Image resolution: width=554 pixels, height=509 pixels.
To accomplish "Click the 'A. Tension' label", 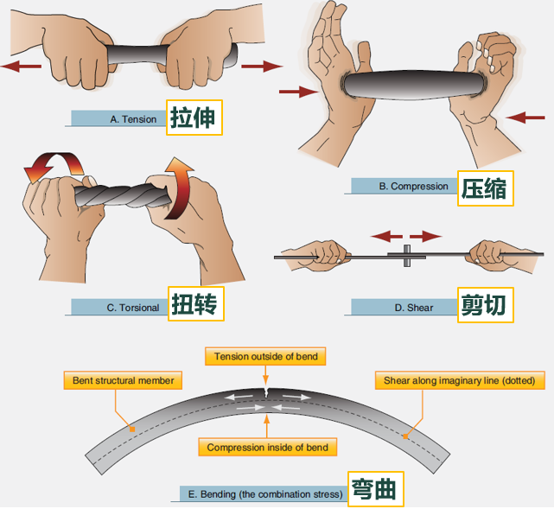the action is click(x=133, y=119).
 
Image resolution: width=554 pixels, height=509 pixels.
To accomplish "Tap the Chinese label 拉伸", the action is click(x=194, y=118).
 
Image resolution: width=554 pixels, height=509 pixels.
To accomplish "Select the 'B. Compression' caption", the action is click(x=413, y=186).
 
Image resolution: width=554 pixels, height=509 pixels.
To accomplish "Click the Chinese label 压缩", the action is click(x=485, y=188).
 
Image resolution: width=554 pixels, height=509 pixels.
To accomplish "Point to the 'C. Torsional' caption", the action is click(x=133, y=308).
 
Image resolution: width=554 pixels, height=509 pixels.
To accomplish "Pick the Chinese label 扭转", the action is click(x=195, y=304).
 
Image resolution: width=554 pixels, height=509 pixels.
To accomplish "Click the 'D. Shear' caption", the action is click(x=413, y=308).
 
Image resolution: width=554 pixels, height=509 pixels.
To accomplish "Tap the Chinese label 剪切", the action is click(x=485, y=305).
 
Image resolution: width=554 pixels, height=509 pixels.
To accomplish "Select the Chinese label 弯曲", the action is click(x=376, y=489).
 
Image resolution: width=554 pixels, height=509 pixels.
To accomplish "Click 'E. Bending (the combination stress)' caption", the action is click(x=265, y=493).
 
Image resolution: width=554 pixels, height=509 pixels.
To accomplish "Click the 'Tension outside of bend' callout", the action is click(x=265, y=356).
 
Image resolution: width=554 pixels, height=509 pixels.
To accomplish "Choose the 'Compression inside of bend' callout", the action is click(x=267, y=447).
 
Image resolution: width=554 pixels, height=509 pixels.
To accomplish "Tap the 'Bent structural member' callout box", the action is click(x=123, y=380).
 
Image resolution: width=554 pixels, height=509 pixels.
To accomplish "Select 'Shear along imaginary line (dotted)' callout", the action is click(x=460, y=380).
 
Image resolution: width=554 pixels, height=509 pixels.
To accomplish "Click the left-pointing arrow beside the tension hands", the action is click(x=22, y=66).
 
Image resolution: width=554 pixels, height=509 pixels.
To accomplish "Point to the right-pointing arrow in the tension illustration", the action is click(x=262, y=66).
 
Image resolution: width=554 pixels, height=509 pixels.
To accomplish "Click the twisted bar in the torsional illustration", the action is click(x=122, y=195).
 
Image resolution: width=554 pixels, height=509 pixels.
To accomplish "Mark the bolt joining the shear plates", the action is click(x=407, y=256).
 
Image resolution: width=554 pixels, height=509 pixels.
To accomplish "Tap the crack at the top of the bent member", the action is click(x=266, y=392).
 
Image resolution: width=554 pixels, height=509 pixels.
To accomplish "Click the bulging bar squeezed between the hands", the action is click(x=413, y=85).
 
